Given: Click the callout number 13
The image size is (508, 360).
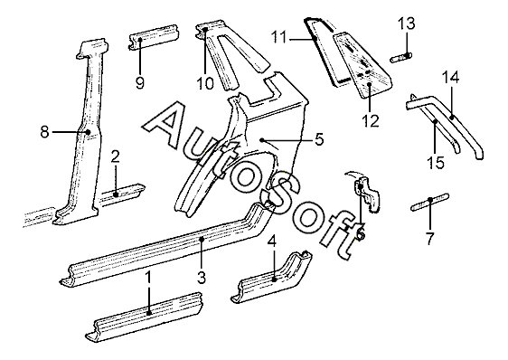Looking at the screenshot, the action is pos(406,24).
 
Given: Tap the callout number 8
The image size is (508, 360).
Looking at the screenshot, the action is pos(44,132).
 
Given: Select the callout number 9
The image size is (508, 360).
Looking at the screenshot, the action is pos(139,84).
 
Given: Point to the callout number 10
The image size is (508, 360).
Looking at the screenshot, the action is pos(205,84).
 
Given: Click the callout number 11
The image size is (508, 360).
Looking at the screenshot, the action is pos(279,37).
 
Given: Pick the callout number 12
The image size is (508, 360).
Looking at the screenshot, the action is pos(371,121).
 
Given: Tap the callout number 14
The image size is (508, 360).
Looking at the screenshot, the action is pos(451,78).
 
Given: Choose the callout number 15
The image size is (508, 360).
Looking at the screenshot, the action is pos(436,163).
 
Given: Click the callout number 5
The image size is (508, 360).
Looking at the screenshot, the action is pos(319,139).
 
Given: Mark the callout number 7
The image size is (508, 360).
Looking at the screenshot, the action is pos(429,239).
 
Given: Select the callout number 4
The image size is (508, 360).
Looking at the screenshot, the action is pos(272,242).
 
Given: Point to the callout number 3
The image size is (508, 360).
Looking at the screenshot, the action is pos(202,278).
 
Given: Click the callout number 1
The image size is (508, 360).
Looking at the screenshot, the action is pos(148,278).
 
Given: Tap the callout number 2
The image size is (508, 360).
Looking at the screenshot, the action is pos(115,157).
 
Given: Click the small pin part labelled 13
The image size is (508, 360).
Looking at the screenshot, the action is pos(400,59).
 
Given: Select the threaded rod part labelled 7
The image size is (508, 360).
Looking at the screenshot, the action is pos(429,202).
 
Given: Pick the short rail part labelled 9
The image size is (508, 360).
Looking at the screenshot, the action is pos(154,38).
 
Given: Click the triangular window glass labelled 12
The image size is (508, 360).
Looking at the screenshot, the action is pos(362,63).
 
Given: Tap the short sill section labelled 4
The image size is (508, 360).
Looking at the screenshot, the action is pos(272,277).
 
